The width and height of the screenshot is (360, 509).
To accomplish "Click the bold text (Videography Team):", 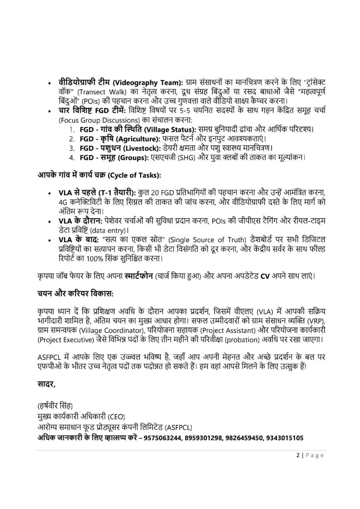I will click(148, 83).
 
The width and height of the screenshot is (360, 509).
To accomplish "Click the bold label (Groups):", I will click(131, 157).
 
